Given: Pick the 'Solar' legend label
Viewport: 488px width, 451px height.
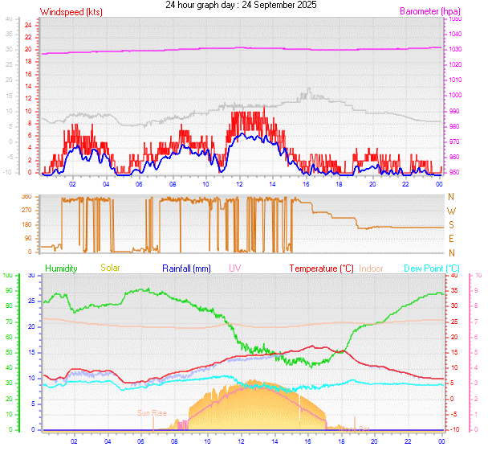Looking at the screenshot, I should pyautogui.click(x=110, y=268).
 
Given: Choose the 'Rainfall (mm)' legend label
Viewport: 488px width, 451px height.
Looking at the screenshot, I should pyautogui.click(x=186, y=268).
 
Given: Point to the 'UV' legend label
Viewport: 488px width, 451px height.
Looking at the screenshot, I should pyautogui.click(x=234, y=268).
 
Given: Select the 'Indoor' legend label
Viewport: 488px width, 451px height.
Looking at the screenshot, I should pyautogui.click(x=372, y=268).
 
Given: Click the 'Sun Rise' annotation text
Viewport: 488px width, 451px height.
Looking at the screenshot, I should pyautogui.click(x=152, y=413).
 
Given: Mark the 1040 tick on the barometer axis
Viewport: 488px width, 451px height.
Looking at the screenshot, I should pyautogui.click(x=455, y=34).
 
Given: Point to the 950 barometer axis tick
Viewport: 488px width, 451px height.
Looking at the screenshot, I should pyautogui.click(x=455, y=172).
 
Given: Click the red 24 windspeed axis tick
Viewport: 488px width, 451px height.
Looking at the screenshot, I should pyautogui.click(x=27, y=25).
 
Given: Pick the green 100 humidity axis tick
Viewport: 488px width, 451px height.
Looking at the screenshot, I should pyautogui.click(x=8, y=275).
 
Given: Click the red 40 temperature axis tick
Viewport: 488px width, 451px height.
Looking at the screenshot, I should pyautogui.click(x=454, y=275).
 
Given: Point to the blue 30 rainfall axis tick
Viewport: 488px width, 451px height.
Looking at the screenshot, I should pyautogui.click(x=31, y=275).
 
